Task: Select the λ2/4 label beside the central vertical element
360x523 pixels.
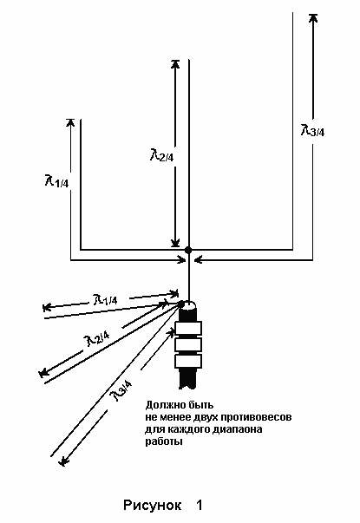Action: pos(162,154)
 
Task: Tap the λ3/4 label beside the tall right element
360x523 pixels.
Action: pos(312,130)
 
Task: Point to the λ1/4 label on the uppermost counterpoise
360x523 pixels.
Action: pos(106,299)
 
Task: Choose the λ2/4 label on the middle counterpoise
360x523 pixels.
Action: pos(97,338)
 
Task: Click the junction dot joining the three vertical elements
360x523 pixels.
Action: pos(188,250)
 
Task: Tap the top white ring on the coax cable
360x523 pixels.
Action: pos(188,328)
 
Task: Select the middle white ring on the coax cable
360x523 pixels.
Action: pos(188,344)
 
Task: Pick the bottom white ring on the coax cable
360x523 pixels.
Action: pos(188,361)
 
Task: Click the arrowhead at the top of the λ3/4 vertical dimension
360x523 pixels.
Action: pos(312,18)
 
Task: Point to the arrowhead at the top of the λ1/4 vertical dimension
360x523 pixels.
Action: pos(70,122)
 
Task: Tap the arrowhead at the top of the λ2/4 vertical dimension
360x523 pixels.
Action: pos(175,63)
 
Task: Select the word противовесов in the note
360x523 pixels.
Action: pos(256,417)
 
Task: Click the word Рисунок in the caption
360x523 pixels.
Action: pos(152,505)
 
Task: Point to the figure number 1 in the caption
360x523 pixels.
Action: pos(200,505)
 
